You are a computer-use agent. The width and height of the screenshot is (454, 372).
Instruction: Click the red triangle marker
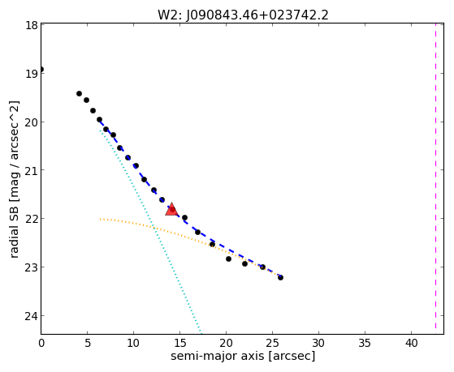(171, 209)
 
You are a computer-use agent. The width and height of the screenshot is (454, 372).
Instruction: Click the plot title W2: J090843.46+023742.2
(243, 15)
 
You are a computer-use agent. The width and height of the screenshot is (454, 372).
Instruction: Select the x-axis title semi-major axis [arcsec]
(243, 356)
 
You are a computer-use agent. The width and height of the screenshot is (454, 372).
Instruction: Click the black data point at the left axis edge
(41, 70)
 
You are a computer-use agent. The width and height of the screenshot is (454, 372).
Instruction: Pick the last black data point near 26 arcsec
(280, 277)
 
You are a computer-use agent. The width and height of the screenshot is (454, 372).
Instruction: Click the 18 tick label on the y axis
(32, 25)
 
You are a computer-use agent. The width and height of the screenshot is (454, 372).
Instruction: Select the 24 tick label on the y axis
(32, 316)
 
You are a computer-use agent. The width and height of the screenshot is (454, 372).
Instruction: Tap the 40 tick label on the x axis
(412, 343)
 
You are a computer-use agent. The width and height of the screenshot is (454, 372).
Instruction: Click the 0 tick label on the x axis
(41, 343)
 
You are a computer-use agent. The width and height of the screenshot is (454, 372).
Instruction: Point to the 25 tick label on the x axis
(272, 343)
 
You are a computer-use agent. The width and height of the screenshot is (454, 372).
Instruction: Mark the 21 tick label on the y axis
(32, 170)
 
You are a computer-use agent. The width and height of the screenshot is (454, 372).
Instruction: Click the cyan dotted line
(150, 231)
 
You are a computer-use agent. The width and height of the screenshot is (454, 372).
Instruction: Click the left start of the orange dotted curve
(100, 219)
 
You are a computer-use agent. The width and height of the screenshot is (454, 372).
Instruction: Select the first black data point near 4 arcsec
(79, 93)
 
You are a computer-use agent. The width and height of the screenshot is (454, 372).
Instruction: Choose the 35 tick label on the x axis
(365, 343)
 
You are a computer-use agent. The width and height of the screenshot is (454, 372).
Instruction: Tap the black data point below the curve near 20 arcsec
(228, 259)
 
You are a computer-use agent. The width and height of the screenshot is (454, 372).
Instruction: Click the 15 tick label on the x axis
(179, 343)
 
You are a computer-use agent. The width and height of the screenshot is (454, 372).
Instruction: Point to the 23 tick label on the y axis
(32, 267)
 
